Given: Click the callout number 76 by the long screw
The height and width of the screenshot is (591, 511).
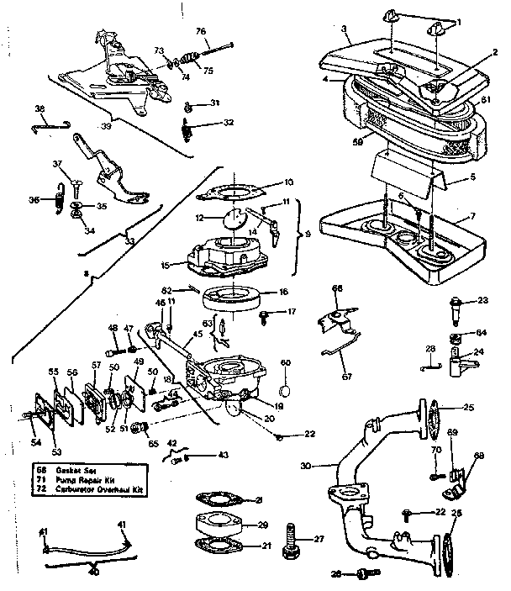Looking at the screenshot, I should tap(201, 31).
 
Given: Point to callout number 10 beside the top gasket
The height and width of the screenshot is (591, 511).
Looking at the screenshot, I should tap(288, 182).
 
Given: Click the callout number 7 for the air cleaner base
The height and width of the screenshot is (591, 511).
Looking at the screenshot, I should tap(472, 217).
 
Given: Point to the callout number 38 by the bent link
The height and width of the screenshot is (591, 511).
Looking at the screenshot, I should tap(39, 108).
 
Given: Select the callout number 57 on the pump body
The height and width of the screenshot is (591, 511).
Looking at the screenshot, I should tap(97, 365).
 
